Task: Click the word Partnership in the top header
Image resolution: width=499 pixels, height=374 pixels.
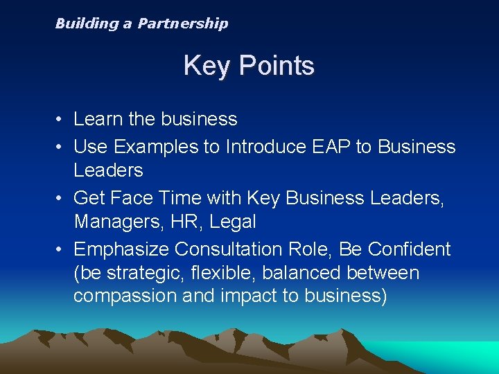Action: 182,24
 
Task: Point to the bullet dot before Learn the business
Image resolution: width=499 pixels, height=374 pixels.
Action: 61,120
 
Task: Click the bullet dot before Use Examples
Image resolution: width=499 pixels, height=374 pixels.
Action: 61,147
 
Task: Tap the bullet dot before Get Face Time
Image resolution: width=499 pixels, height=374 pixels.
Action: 61,198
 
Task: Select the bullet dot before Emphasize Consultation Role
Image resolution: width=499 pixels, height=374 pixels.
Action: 61,249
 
